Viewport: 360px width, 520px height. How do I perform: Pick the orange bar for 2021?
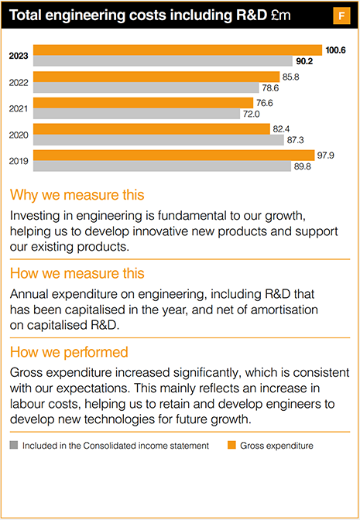143,103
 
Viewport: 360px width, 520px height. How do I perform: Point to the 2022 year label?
19,82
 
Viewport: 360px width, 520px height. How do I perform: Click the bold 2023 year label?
19,56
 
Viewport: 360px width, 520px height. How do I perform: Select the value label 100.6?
335,50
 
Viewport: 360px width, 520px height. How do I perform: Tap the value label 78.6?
293,87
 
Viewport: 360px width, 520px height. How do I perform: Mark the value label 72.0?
254,114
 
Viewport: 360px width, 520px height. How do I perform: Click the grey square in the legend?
13,446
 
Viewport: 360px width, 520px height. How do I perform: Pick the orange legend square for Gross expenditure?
230,446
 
